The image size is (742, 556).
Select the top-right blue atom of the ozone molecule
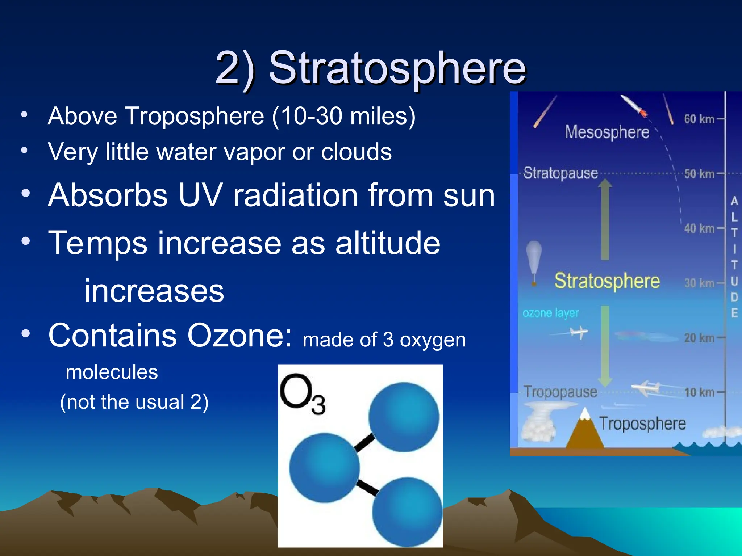(x=404, y=417)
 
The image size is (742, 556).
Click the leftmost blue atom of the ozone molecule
(x=324, y=468)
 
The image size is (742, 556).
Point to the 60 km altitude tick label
(x=699, y=119)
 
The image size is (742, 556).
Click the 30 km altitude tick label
(x=699, y=283)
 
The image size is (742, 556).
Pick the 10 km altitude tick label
(x=699, y=392)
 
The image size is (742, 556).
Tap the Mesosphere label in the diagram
(x=607, y=132)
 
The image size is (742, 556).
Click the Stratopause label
(x=560, y=173)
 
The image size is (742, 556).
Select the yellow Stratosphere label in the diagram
(x=607, y=281)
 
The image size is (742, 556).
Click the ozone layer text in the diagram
(x=550, y=313)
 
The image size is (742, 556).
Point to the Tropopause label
(x=560, y=392)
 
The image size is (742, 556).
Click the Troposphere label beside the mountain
(x=642, y=424)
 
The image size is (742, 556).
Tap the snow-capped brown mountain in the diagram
(x=584, y=431)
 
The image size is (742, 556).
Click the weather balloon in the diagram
(x=534, y=259)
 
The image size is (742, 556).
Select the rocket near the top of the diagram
(x=634, y=106)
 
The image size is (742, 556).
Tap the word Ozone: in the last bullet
(x=239, y=336)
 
